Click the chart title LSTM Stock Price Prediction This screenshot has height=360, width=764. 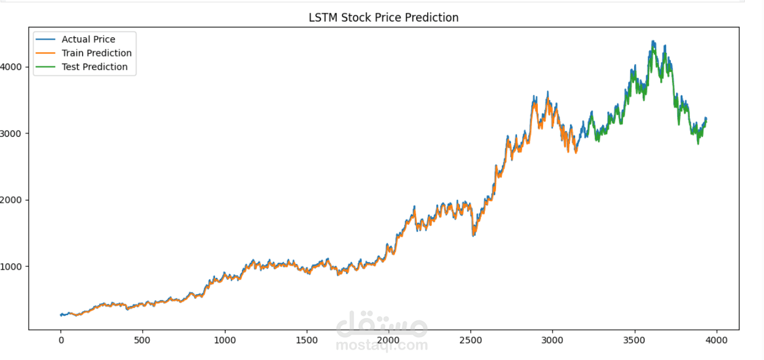tap(383, 17)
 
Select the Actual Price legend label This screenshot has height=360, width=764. tap(89, 40)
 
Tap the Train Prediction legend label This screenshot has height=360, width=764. tap(97, 53)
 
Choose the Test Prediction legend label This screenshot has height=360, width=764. tap(94, 67)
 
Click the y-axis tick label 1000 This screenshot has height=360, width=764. tap(11, 267)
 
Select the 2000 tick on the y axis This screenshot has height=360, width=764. tap(11, 200)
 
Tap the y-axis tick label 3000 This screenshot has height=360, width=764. tap(11, 133)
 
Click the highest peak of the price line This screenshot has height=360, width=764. tap(653, 42)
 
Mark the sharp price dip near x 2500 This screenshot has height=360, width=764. tap(473, 235)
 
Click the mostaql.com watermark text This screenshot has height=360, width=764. tap(382, 345)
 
